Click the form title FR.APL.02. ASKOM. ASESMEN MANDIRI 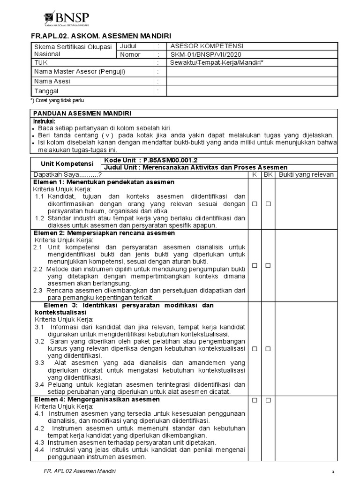101,36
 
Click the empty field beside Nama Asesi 252,81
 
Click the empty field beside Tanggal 252,90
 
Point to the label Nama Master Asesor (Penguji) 80,72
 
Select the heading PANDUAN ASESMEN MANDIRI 81,113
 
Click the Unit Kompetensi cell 65,165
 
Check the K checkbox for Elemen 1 254,204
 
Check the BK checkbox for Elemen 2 268,265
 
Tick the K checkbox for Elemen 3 254,349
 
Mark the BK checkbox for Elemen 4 268,400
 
